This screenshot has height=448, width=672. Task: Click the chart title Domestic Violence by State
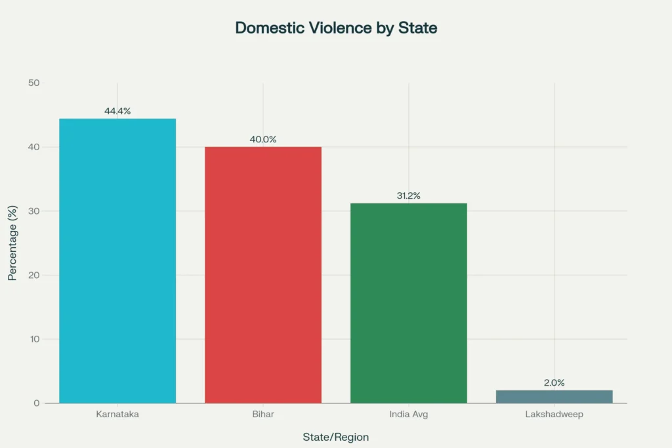coord(336,28)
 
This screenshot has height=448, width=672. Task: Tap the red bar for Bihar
coord(263,275)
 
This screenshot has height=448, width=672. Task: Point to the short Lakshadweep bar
coord(554,396)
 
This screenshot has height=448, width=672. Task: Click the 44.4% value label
coord(117,111)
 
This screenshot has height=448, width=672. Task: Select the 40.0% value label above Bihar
coord(263,139)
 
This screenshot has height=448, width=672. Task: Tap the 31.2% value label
coord(408,195)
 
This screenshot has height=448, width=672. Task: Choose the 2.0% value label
coord(554,382)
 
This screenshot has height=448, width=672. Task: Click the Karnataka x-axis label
coord(117,415)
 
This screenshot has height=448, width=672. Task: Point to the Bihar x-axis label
coord(263,415)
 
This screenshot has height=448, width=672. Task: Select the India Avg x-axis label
coord(408,415)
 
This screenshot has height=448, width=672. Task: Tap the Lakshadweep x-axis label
coord(554,415)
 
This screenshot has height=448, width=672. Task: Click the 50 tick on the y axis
coord(33,83)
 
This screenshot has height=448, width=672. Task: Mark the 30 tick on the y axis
coord(33,211)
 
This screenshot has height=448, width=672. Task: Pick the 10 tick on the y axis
coord(33,339)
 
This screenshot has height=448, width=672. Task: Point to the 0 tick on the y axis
coord(37,403)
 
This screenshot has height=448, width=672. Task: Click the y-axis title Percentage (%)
coord(12,243)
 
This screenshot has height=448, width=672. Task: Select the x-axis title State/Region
coord(336,437)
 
